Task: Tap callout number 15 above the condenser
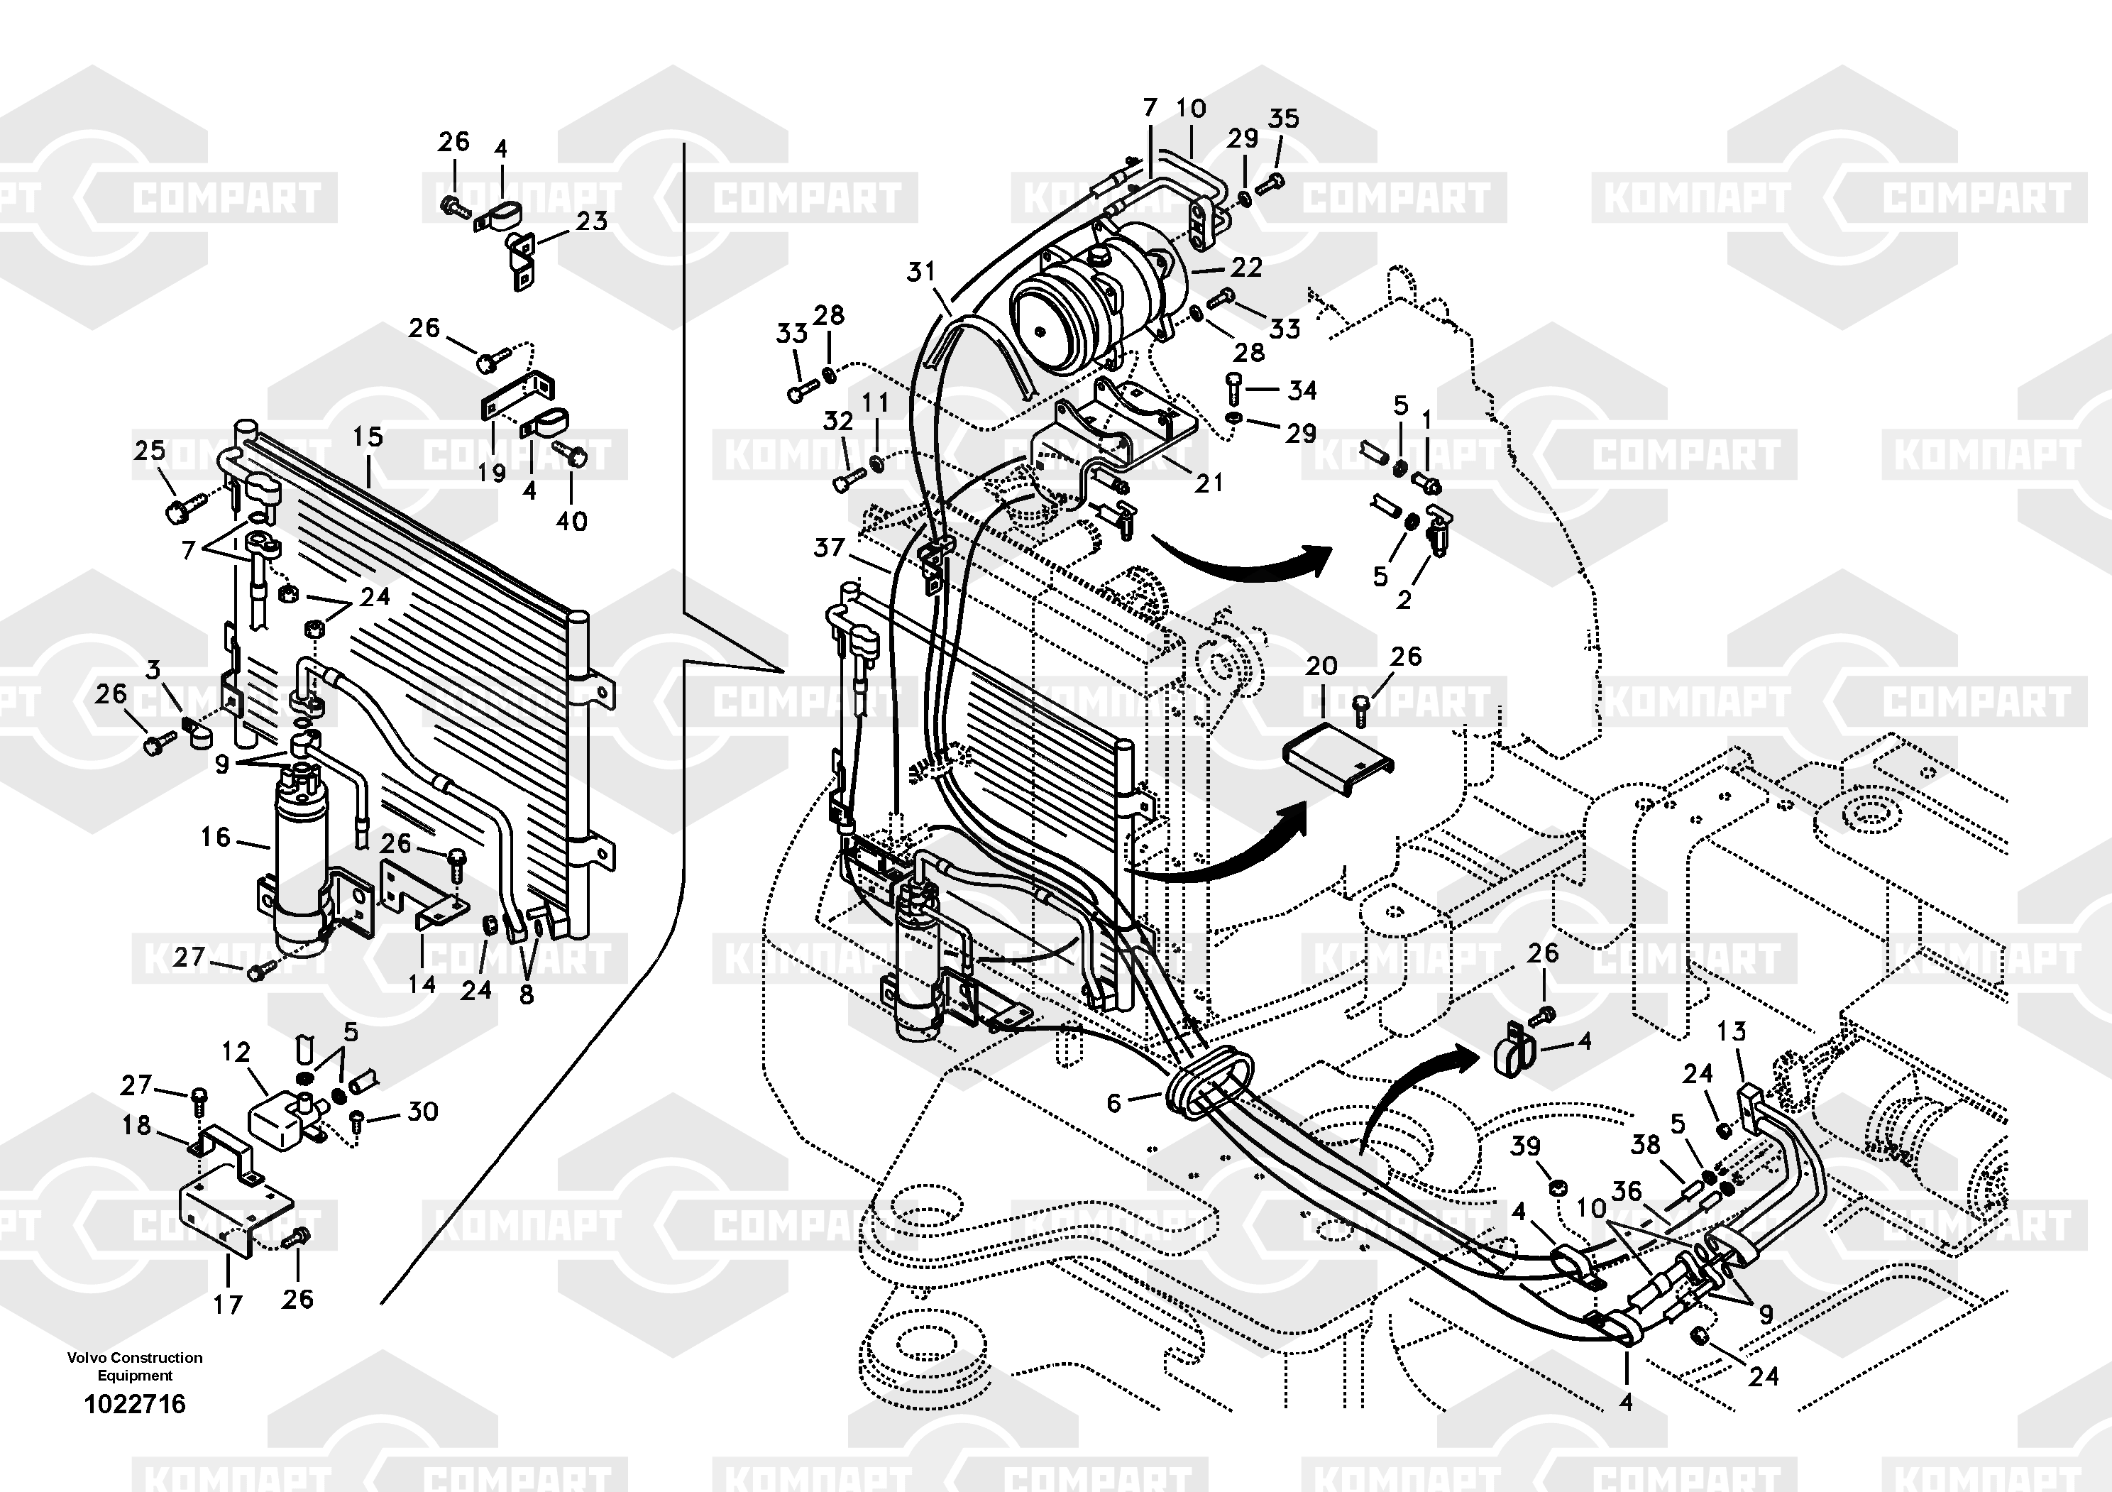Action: tap(368, 437)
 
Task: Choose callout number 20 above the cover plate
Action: tap(1321, 665)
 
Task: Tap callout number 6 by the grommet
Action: tap(1114, 1102)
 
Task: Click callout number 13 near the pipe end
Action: tap(1731, 1031)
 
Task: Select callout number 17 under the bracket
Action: tap(227, 1305)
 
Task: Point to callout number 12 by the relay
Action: tap(236, 1051)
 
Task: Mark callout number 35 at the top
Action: tap(1283, 118)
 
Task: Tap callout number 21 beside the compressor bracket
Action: tap(1209, 482)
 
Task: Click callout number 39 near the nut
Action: tap(1525, 1146)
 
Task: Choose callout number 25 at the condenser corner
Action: tap(150, 450)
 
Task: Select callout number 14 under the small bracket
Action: tap(422, 984)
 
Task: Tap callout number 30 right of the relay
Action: tap(422, 1111)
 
